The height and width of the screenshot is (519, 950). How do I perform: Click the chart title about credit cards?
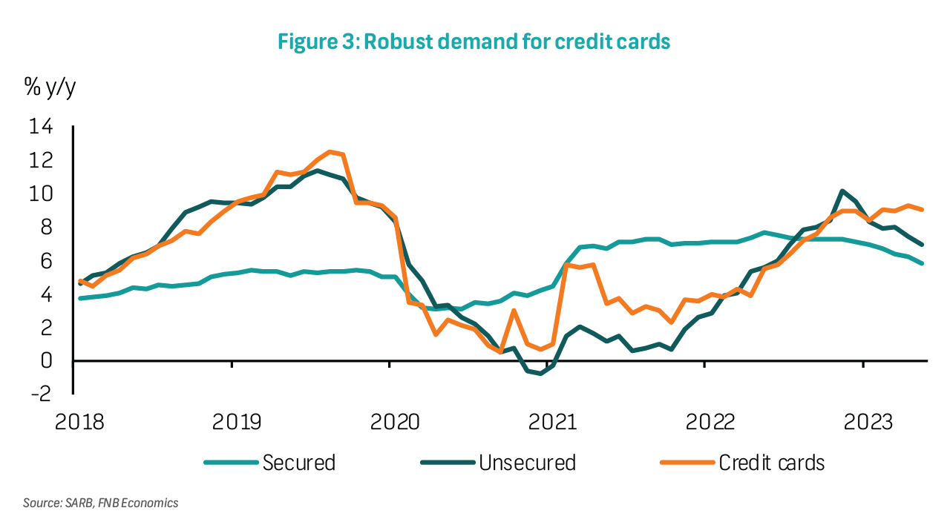[474, 41]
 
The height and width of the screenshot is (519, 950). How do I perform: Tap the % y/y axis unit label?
[50, 87]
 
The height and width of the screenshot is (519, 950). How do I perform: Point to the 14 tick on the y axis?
[41, 127]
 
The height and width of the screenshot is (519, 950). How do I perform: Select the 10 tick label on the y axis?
[41, 194]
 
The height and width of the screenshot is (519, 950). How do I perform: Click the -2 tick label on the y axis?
[41, 393]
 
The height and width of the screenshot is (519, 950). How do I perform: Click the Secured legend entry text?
[299, 463]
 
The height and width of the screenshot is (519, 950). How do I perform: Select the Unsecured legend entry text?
[527, 463]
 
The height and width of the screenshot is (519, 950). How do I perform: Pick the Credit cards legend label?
[772, 463]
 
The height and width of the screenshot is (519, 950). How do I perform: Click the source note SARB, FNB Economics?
[101, 503]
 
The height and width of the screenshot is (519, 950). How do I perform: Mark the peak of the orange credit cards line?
[330, 152]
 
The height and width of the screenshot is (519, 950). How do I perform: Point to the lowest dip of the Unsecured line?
[540, 374]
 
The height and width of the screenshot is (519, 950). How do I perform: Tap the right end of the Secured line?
[923, 263]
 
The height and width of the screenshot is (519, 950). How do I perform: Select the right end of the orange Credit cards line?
[923, 210]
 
